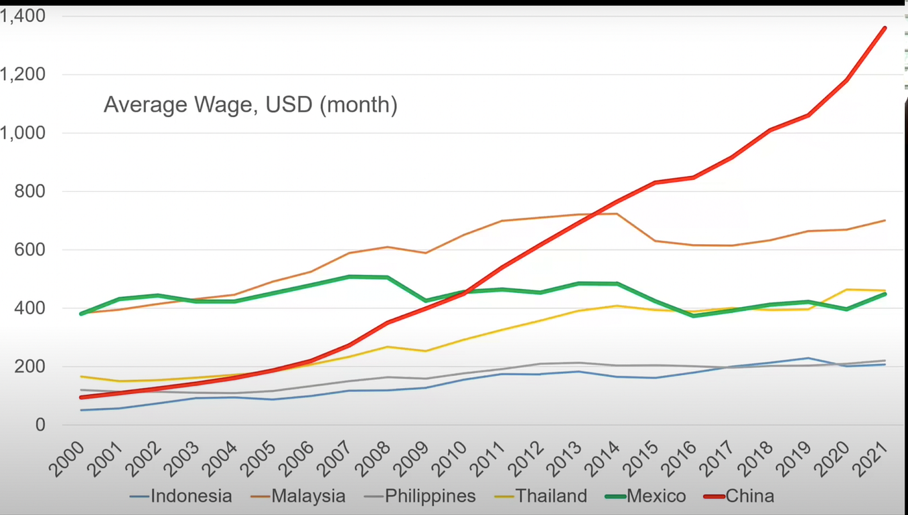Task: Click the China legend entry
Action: (x=749, y=496)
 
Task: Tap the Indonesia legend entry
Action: (x=191, y=496)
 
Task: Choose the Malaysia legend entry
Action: (x=308, y=496)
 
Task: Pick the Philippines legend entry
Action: (x=430, y=496)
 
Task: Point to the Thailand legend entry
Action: (x=551, y=496)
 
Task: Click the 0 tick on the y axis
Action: (x=40, y=425)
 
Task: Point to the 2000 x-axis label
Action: (x=66, y=459)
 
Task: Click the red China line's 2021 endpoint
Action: (x=885, y=28)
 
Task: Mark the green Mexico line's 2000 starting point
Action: (x=81, y=314)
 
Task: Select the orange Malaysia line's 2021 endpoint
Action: (x=885, y=220)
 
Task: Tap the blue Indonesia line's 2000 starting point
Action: (x=81, y=410)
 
